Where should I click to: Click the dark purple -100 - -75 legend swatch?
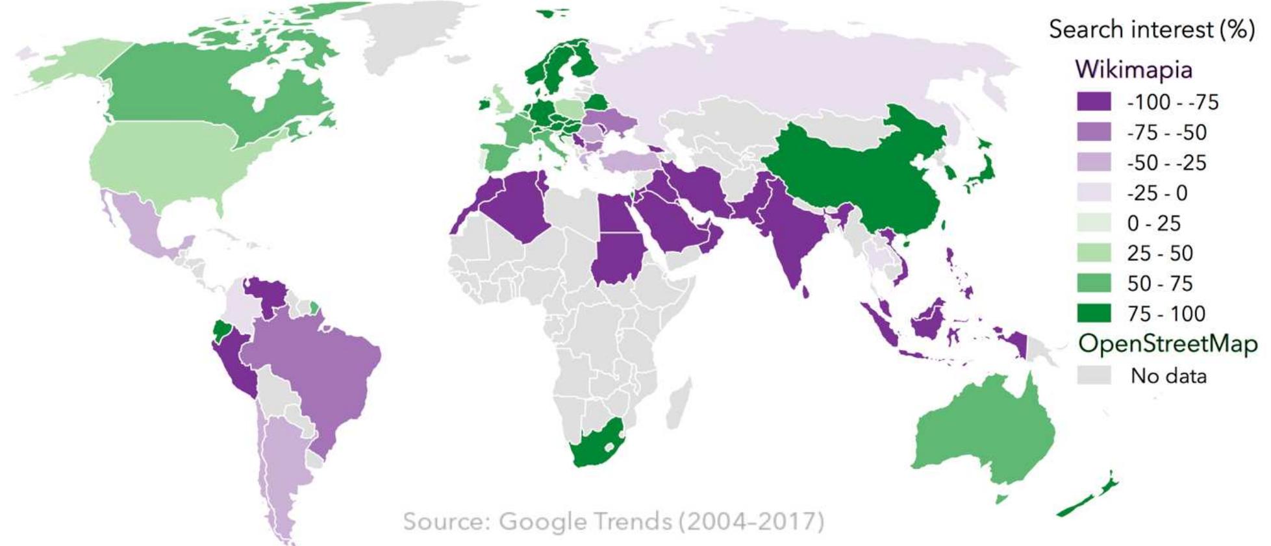pos(1094,102)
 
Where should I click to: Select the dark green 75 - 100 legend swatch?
pos(1094,314)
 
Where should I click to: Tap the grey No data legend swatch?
pos(1094,375)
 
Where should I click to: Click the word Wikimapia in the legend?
pos(1133,69)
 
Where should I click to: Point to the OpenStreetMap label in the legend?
pos(1167,343)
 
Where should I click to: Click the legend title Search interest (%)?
pos(1151,30)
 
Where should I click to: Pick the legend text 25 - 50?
pos(1160,253)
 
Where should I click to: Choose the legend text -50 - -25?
pos(1166,162)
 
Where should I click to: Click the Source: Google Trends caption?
pos(613,521)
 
